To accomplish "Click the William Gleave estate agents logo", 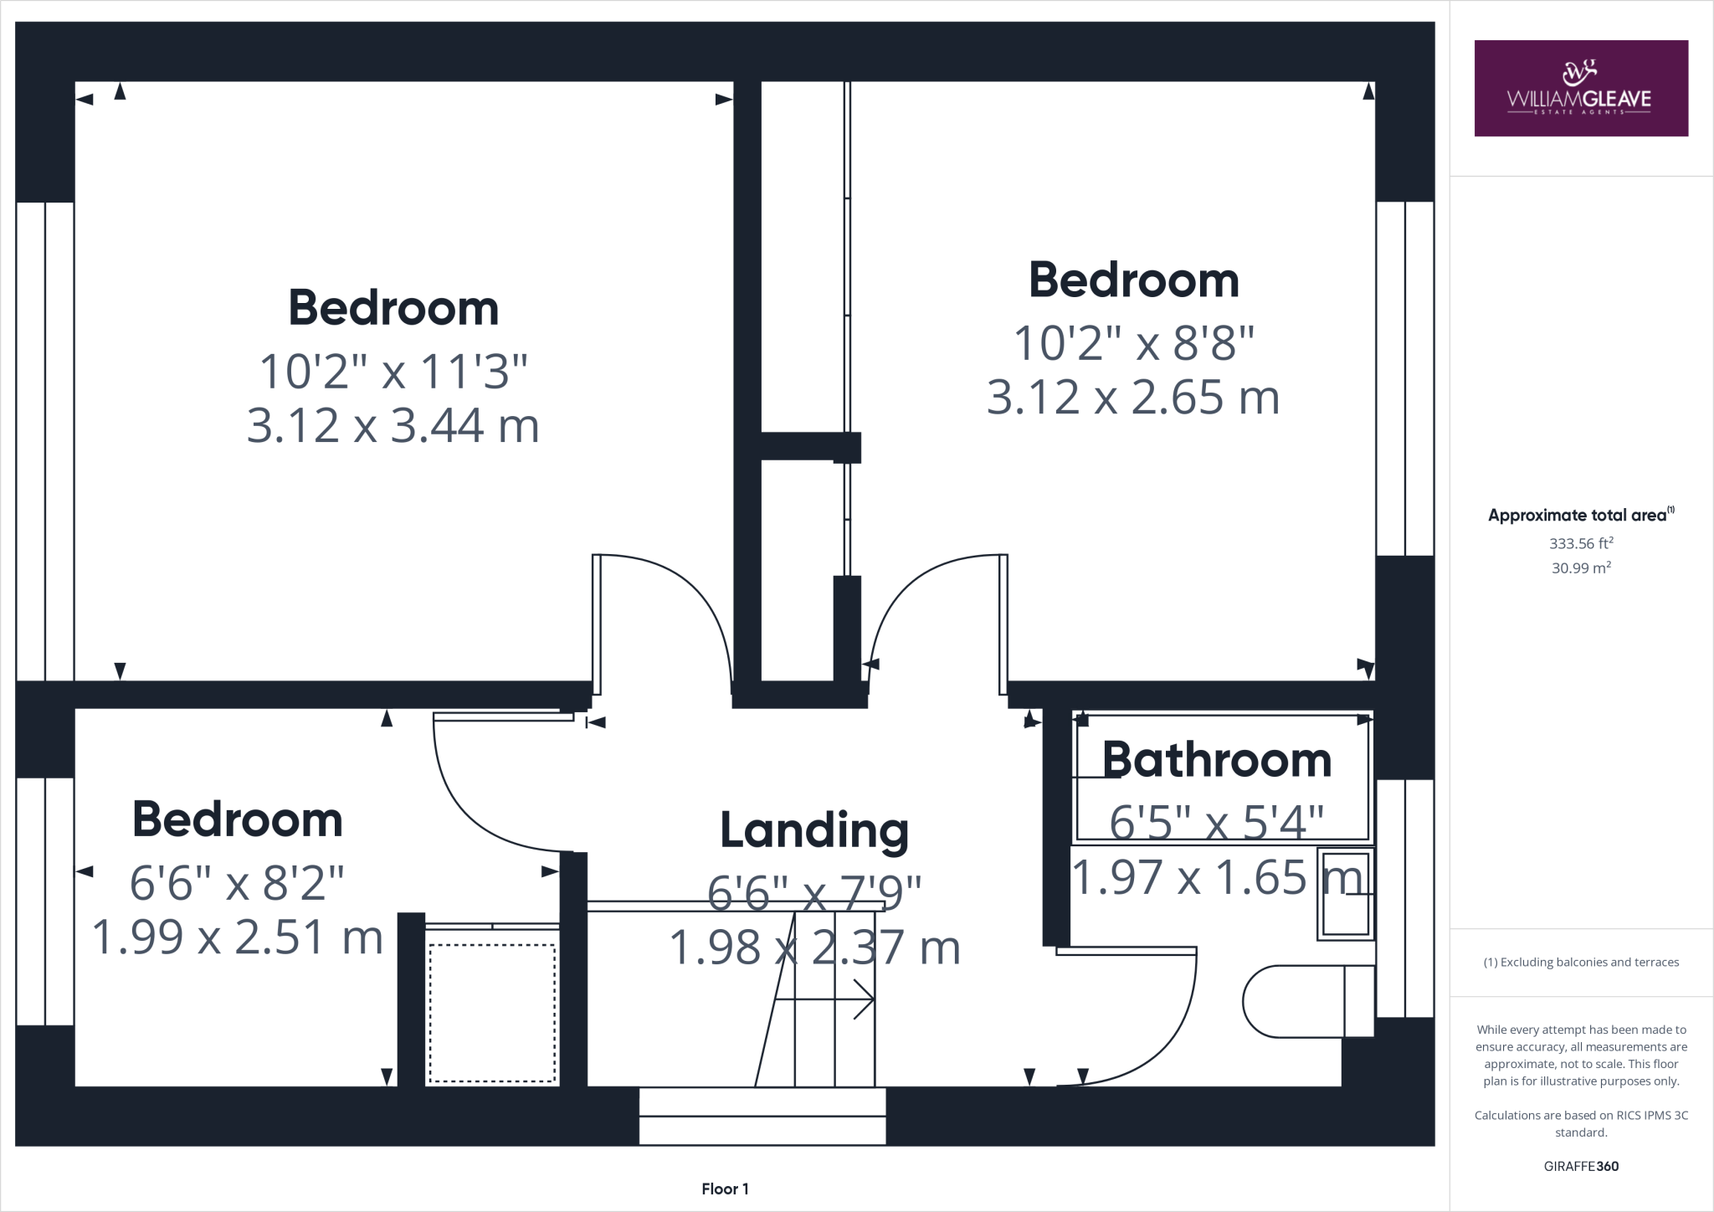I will tap(1580, 88).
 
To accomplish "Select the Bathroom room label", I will tap(1216, 760).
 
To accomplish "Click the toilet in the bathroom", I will tap(1306, 1001).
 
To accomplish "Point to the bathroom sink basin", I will tap(1346, 894).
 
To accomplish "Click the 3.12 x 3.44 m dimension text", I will tap(393, 425).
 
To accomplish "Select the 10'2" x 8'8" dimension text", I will tap(1134, 342).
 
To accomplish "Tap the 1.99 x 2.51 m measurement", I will tap(237, 937).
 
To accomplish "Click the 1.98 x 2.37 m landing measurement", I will tap(814, 948).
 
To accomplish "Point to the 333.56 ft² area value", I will tap(1580, 543).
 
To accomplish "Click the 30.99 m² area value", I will tap(1580, 567).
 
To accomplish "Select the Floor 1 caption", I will tap(725, 1189).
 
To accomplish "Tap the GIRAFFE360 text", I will tap(1580, 1166).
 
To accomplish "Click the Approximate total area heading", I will tap(1580, 516).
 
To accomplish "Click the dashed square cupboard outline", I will tap(492, 1013).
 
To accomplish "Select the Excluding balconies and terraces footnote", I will tap(1580, 963).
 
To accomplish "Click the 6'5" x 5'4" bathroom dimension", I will tap(1216, 822).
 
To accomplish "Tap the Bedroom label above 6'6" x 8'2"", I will tap(237, 819).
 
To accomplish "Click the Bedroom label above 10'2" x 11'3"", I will tap(393, 307).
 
